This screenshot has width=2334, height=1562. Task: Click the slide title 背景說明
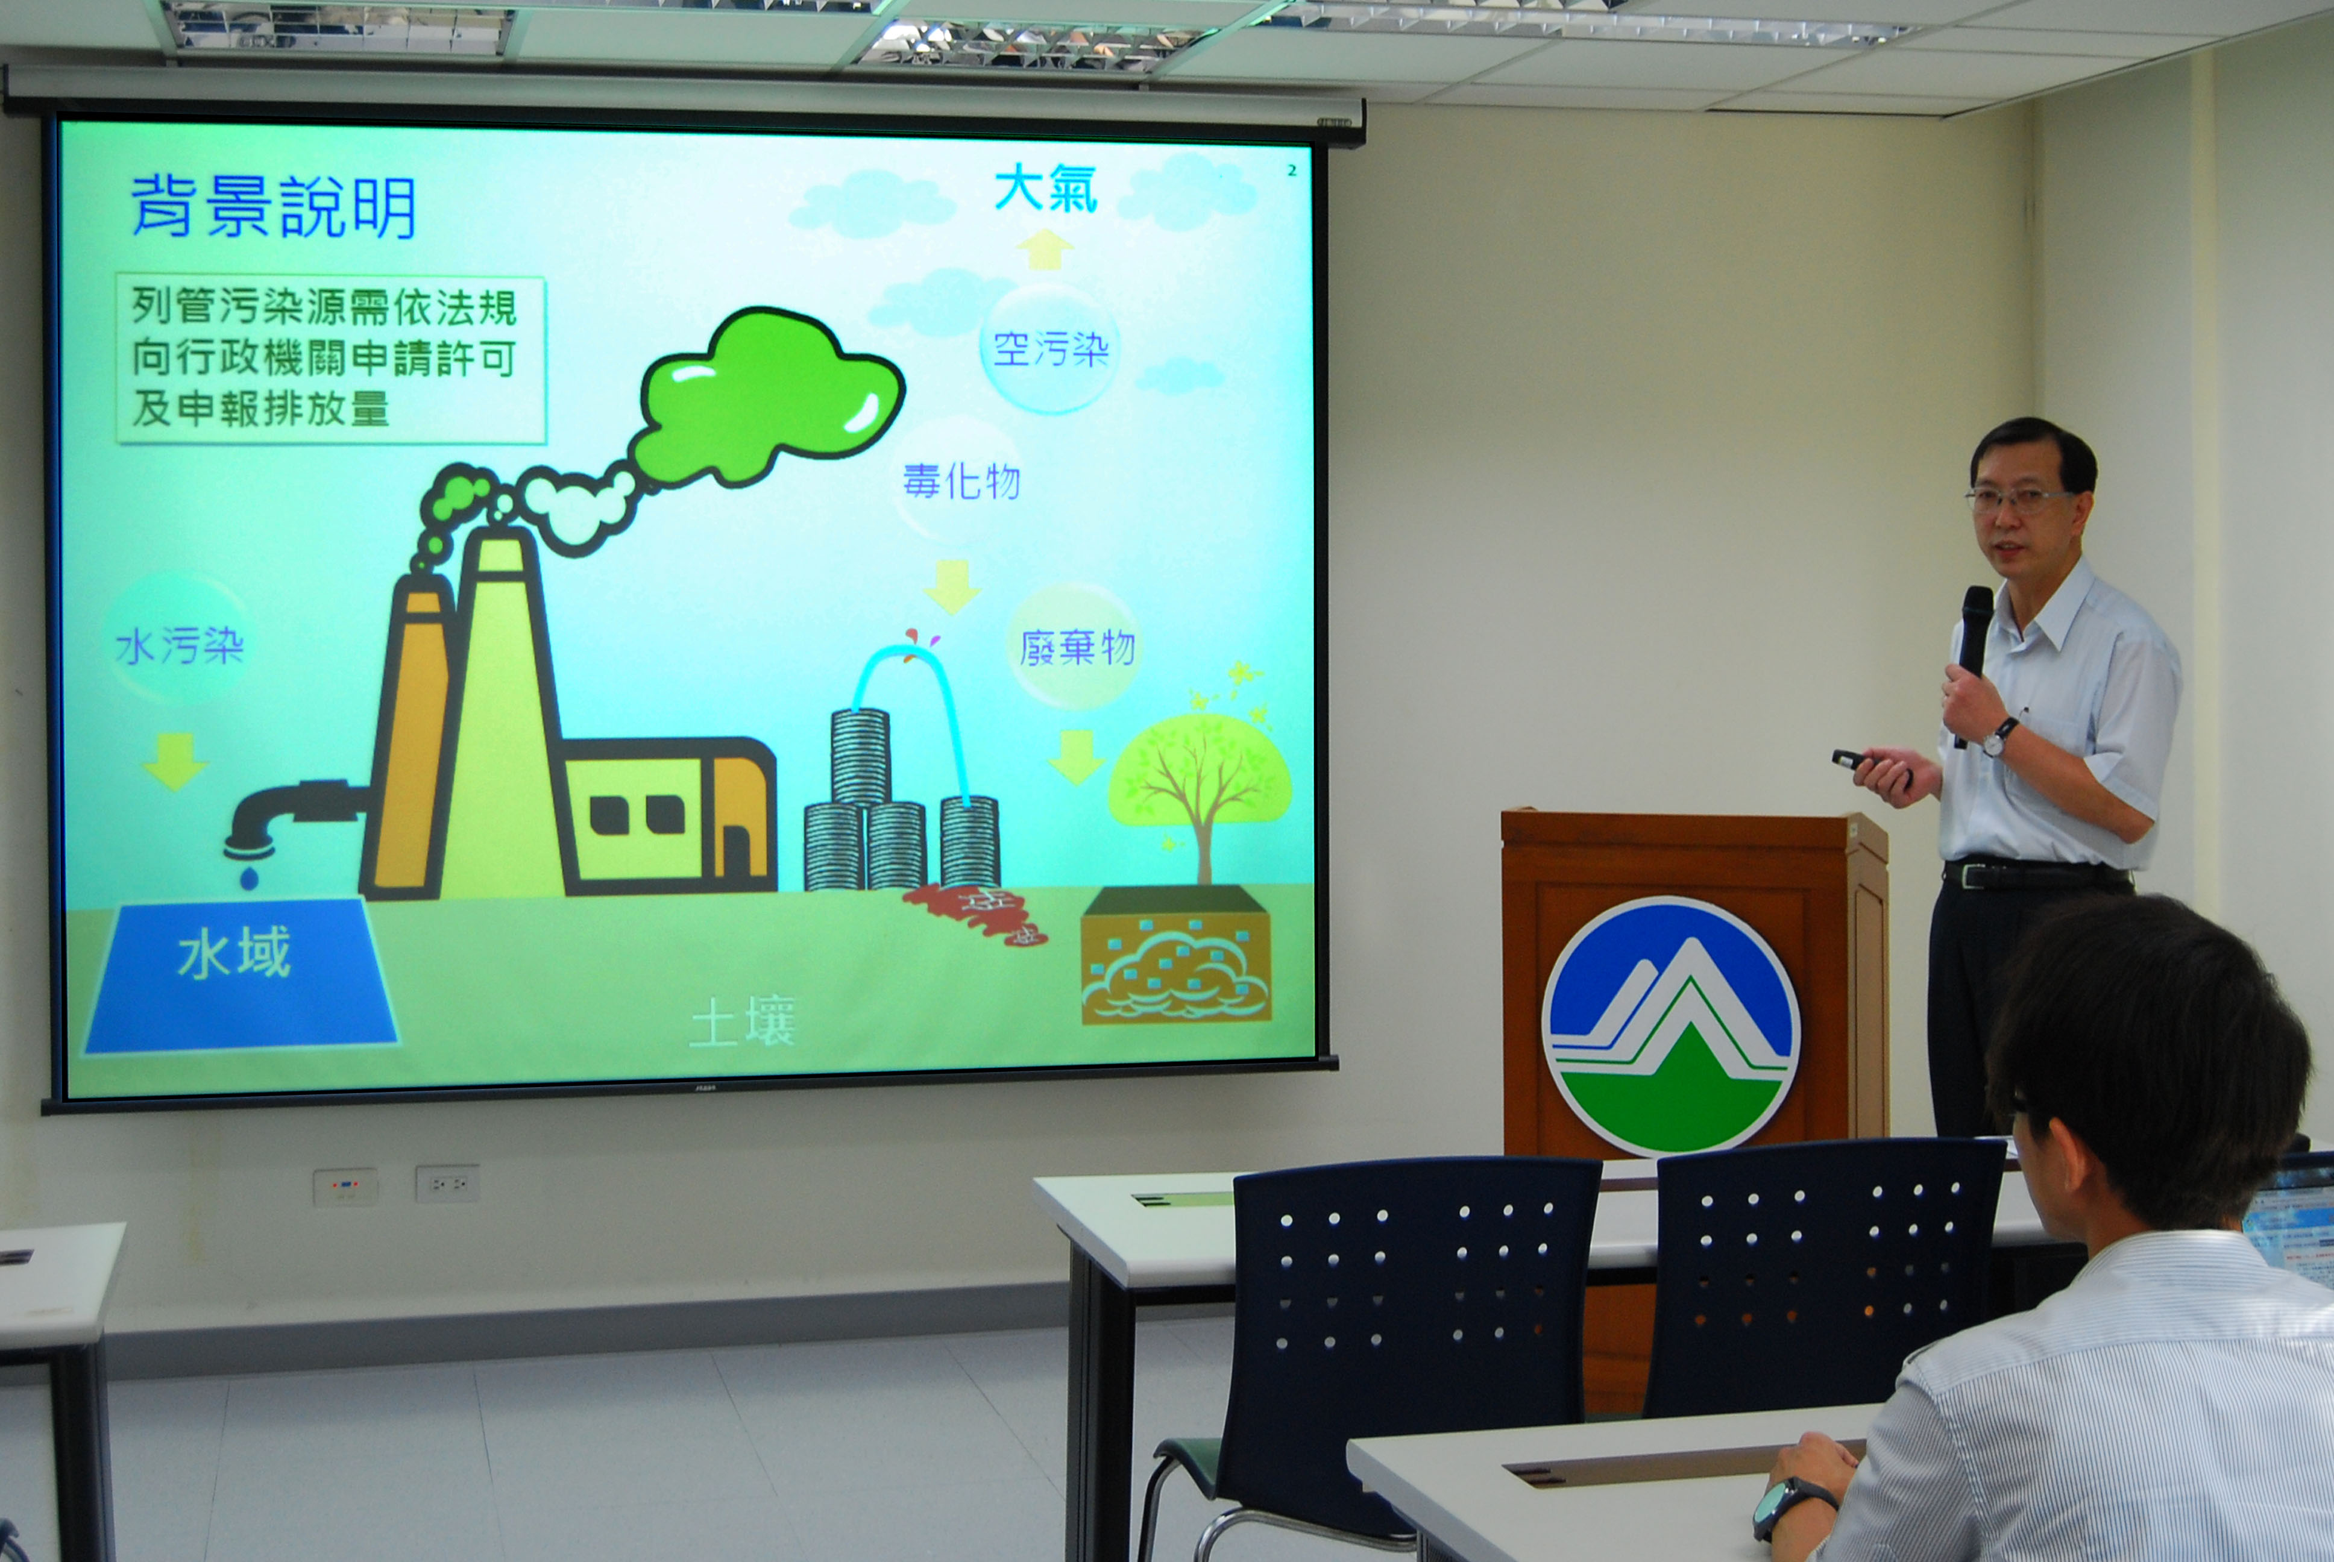coord(273,207)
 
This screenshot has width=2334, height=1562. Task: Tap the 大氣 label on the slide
coord(1046,189)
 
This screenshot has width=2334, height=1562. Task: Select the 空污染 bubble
coord(1050,349)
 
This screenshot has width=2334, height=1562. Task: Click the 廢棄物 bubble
coord(1076,647)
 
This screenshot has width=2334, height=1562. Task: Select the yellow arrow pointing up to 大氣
coord(1045,249)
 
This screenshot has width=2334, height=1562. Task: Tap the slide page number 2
coord(1292,171)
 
